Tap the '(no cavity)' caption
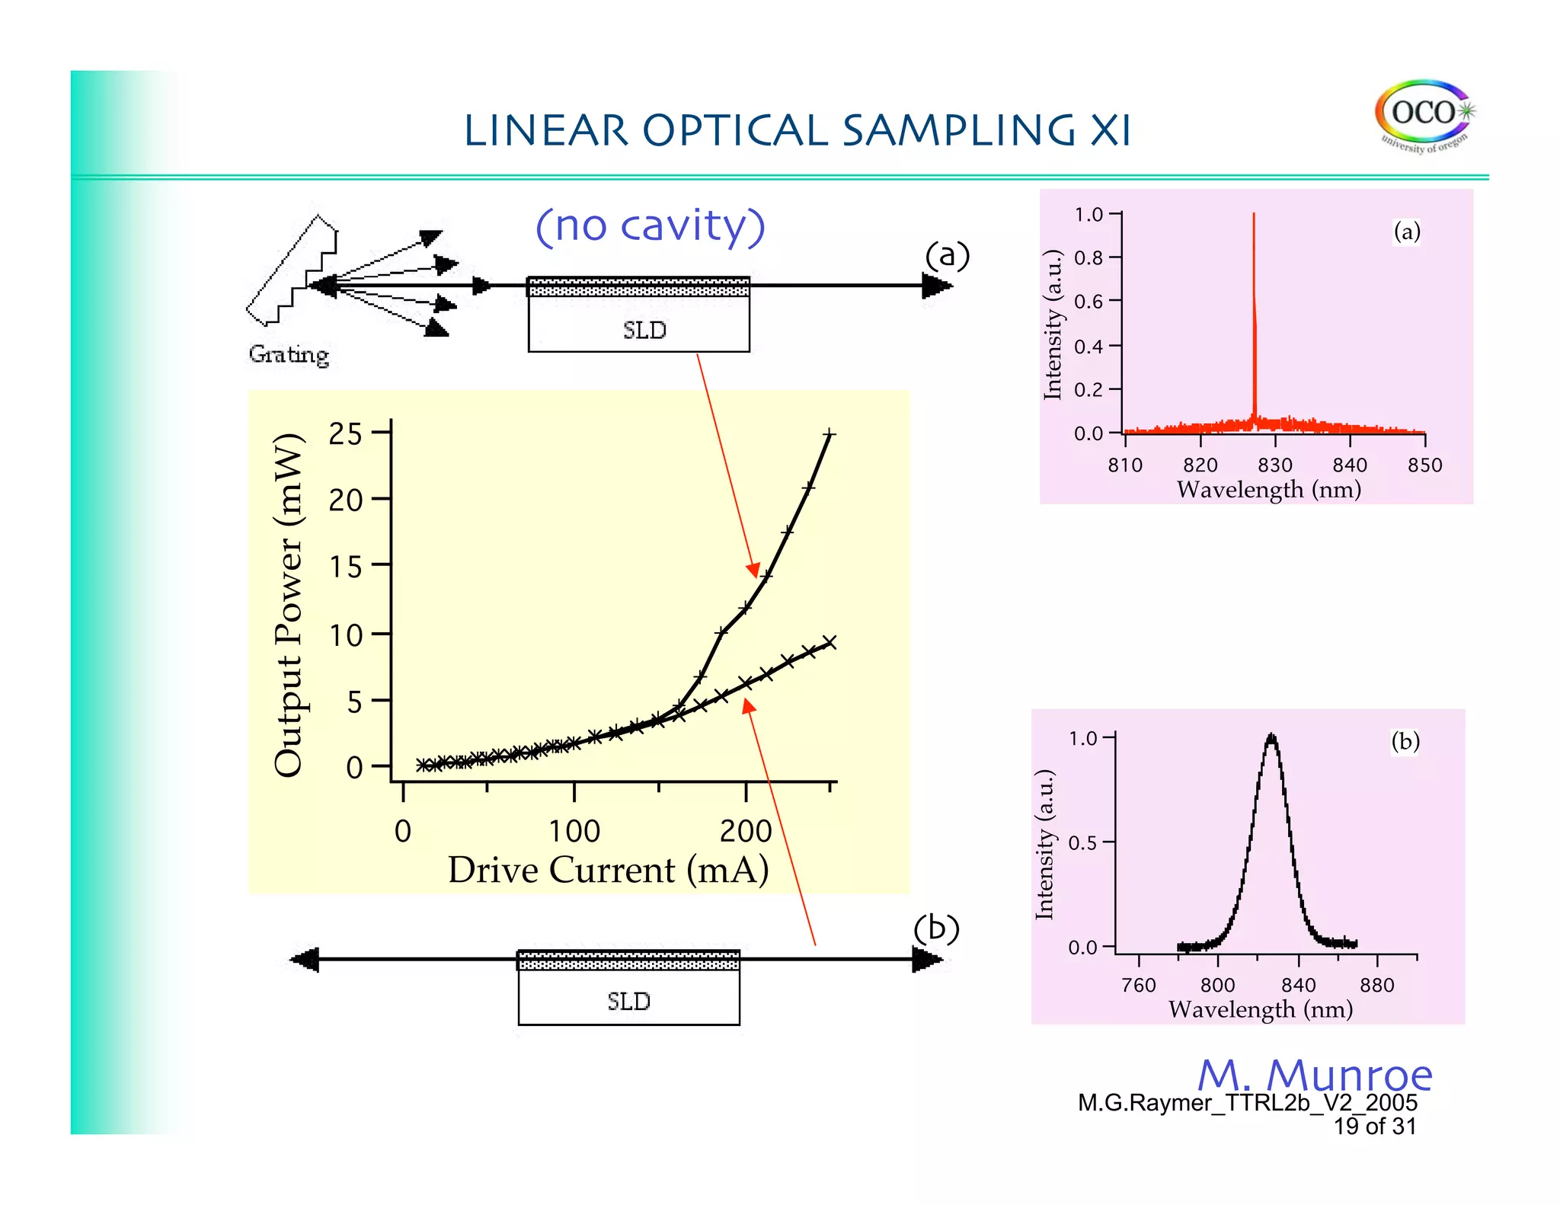pos(650,226)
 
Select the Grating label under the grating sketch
pos(289,354)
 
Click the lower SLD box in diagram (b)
pos(628,1000)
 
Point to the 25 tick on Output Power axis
pos(345,433)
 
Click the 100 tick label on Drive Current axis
pos(574,831)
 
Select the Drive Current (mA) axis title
pos(608,870)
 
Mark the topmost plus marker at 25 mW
pos(830,434)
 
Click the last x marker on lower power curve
pos(830,642)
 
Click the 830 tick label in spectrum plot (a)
pos(1274,465)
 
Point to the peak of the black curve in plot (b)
pos(1271,737)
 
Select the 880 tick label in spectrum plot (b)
pos(1376,985)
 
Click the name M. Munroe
pos(1315,1075)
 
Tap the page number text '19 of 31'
pos(1374,1126)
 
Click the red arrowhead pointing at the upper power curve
pos(753,570)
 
